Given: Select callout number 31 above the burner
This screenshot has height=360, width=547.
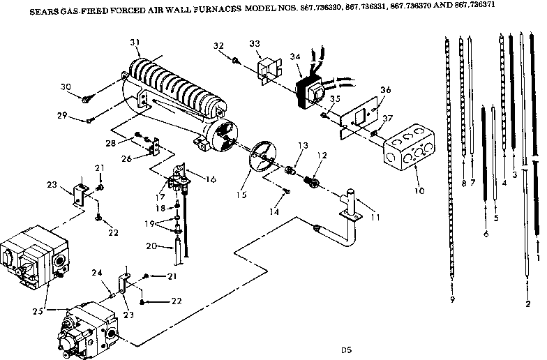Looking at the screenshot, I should point(135,43).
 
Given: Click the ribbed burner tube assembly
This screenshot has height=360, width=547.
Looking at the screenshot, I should point(178,91).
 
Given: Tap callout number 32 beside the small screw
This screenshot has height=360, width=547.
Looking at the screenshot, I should point(218,46).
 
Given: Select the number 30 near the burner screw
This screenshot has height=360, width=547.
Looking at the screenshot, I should point(66,87).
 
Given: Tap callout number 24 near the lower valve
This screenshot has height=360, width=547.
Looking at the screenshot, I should point(97,274).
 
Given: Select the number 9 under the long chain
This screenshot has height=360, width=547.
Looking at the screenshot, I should point(454,299).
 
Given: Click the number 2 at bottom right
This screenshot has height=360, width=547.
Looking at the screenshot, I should point(527,303).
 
